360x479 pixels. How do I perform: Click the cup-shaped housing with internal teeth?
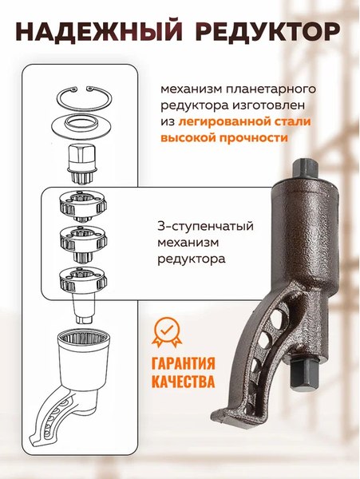[x=84, y=355]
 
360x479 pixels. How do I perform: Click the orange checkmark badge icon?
[x=168, y=331]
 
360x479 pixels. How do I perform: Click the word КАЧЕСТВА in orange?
[x=183, y=382]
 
